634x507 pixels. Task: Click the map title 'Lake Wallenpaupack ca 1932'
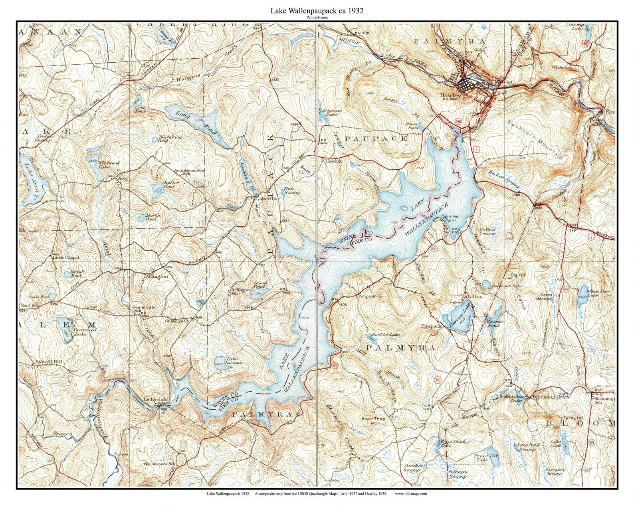(x=317, y=11)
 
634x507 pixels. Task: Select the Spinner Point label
(x=451, y=218)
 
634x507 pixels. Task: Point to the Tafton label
(x=474, y=297)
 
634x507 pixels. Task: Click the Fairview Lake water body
(x=455, y=317)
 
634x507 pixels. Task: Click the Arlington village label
(x=156, y=276)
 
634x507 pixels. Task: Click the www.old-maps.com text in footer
(x=411, y=494)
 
